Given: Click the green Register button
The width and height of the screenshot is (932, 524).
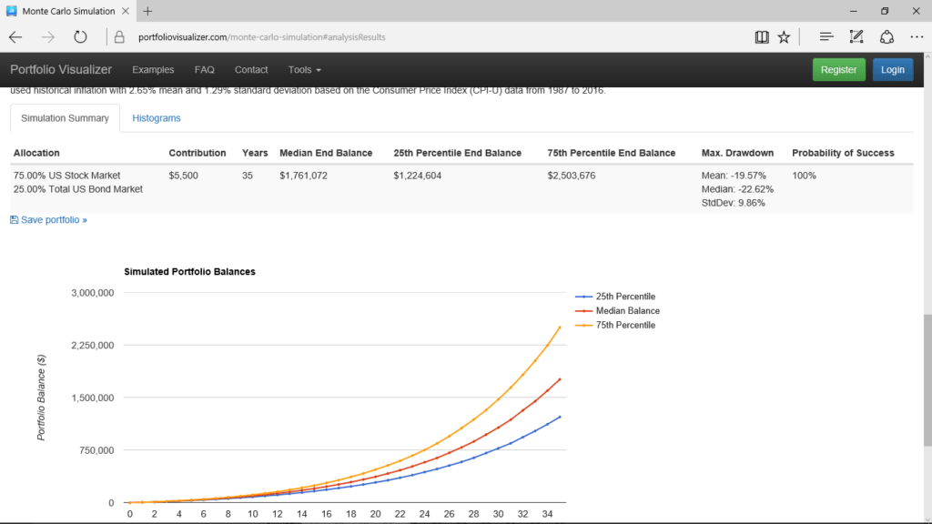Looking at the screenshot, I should (838, 70).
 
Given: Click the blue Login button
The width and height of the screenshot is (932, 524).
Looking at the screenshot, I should (892, 70).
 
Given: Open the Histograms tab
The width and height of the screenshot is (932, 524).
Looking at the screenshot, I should (157, 118).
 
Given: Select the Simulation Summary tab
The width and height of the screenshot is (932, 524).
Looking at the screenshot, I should (65, 118).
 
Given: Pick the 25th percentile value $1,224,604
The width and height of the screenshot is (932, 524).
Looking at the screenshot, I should (418, 176).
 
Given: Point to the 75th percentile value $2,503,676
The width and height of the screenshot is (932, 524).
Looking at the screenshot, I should (572, 176).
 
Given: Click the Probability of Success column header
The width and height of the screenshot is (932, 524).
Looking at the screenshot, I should (843, 153).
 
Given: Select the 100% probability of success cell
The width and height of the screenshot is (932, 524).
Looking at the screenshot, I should (805, 176).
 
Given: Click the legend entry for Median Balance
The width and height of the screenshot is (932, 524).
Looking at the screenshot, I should (627, 311).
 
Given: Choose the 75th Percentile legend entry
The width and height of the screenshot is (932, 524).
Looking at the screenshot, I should (625, 325).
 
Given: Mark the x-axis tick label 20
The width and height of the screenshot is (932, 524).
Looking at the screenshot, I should (375, 515).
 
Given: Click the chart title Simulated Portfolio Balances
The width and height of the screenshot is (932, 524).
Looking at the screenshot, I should (189, 272).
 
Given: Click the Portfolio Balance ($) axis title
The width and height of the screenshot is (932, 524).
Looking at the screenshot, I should (42, 398).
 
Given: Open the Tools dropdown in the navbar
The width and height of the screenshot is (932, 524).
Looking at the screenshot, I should (304, 70).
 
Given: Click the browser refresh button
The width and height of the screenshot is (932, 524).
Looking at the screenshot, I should (80, 37).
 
